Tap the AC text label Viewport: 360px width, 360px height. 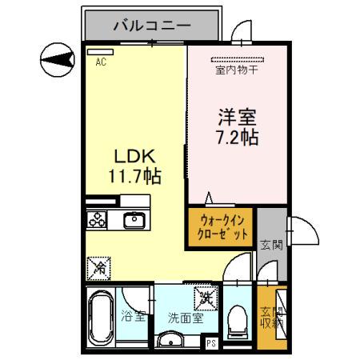pyautogui.click(x=101, y=62)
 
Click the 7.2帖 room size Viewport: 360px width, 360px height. pyautogui.click(x=237, y=137)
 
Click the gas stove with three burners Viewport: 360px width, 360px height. pyautogui.click(x=98, y=218)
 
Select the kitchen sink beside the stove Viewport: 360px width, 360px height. pyautogui.click(x=132, y=218)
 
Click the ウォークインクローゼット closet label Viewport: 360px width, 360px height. pyautogui.click(x=222, y=230)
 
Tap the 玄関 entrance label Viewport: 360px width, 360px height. pyautogui.click(x=270, y=245)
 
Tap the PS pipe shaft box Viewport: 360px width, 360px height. pyautogui.click(x=212, y=344)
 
